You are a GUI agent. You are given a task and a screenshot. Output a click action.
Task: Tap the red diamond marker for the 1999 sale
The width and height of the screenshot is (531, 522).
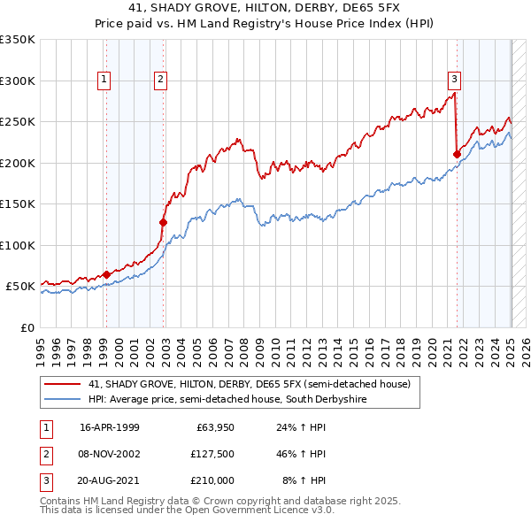coord(106,274)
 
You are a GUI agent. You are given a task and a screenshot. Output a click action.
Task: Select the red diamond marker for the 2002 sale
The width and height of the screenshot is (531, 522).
coord(163,222)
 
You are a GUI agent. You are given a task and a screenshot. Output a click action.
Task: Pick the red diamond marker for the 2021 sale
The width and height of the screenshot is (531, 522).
coord(458,154)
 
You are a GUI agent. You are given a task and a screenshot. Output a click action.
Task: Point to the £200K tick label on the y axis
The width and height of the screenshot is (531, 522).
coord(18,163)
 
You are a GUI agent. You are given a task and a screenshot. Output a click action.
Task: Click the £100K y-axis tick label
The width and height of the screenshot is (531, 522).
coord(18,245)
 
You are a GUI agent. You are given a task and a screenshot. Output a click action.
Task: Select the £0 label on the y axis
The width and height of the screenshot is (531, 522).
coord(26,327)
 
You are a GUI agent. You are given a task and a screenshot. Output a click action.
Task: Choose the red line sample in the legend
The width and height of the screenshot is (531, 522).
coord(63,385)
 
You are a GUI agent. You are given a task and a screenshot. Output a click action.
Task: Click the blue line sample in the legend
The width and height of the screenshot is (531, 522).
coord(63,400)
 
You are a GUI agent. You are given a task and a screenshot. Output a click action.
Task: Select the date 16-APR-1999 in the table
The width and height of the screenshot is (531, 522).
coord(109,427)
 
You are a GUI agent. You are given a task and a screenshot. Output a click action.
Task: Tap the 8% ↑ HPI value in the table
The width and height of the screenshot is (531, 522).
coord(304,480)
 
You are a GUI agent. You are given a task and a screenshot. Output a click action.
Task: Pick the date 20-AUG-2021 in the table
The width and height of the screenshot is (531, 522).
coord(110,480)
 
